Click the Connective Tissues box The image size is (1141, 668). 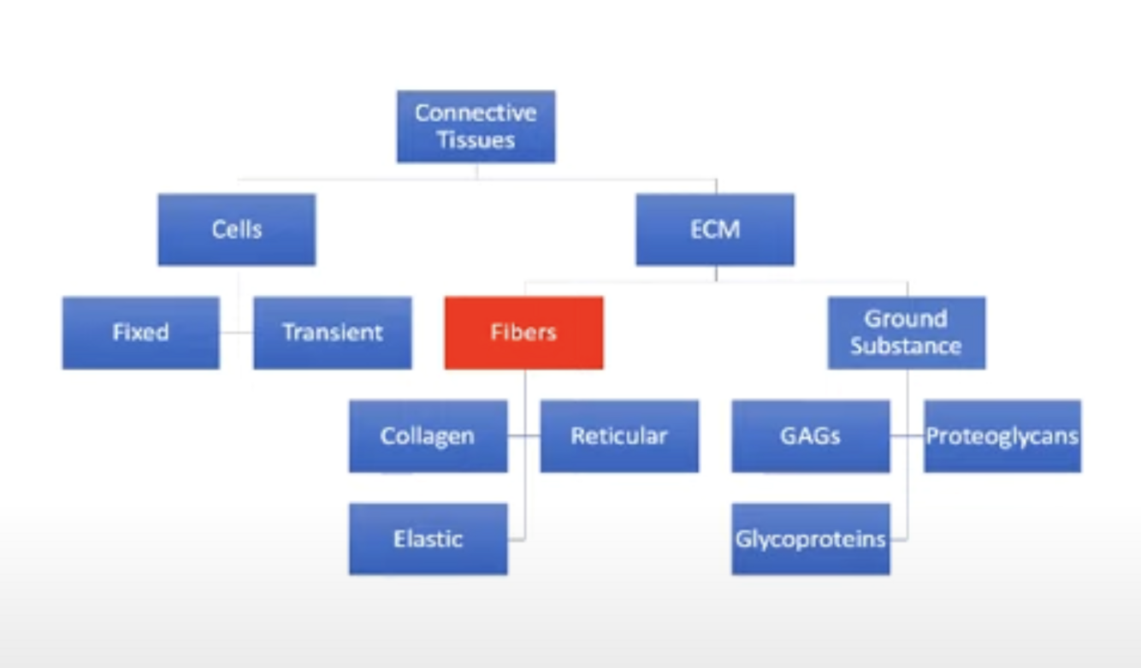pos(476,127)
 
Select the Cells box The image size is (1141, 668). pos(237,229)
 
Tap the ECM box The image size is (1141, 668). pos(714,229)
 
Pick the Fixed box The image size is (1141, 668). pos(140,333)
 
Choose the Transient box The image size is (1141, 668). pos(332,333)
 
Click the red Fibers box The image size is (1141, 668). pos(523,333)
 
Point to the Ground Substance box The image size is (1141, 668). pos(906,333)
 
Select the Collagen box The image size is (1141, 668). pos(428,436)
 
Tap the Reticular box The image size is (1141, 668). pos(619,436)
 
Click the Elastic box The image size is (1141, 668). pos(428,539)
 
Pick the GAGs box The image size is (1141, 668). pos(810,436)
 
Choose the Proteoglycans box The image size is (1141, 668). pos(1002,436)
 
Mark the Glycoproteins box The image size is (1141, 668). pos(810,539)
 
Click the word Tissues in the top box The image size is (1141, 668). pos(476,140)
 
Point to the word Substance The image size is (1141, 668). pos(906,346)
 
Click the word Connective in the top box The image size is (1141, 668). pos(476,113)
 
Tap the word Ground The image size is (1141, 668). pos(906,319)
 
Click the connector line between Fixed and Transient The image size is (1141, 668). pos(237,333)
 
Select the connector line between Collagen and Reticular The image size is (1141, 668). pos(523,436)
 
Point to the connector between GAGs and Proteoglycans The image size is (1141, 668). pos(907,436)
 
